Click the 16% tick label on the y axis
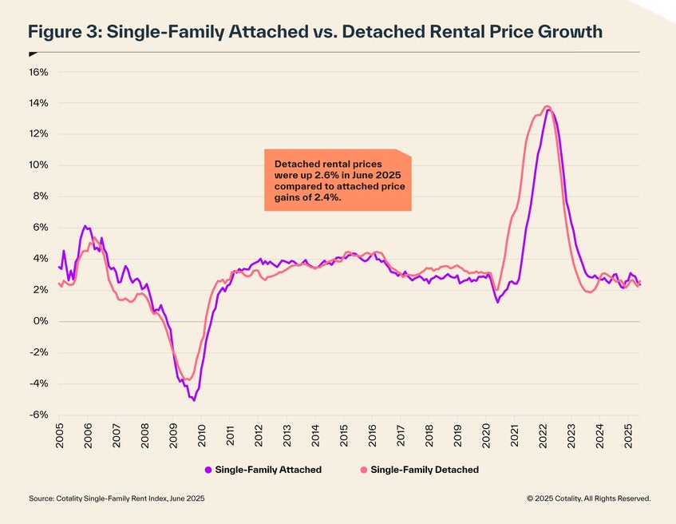point(38,72)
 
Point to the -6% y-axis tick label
point(38,415)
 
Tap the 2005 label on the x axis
point(60,436)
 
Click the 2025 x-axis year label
point(627,436)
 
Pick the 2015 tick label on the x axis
point(343,436)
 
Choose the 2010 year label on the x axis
point(201,436)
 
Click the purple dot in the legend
point(208,470)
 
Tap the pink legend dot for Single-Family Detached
point(366,470)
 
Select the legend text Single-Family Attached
point(268,470)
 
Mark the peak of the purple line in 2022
point(549,110)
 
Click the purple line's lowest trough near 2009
point(194,400)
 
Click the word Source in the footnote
point(41,498)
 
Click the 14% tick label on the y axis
point(38,103)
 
